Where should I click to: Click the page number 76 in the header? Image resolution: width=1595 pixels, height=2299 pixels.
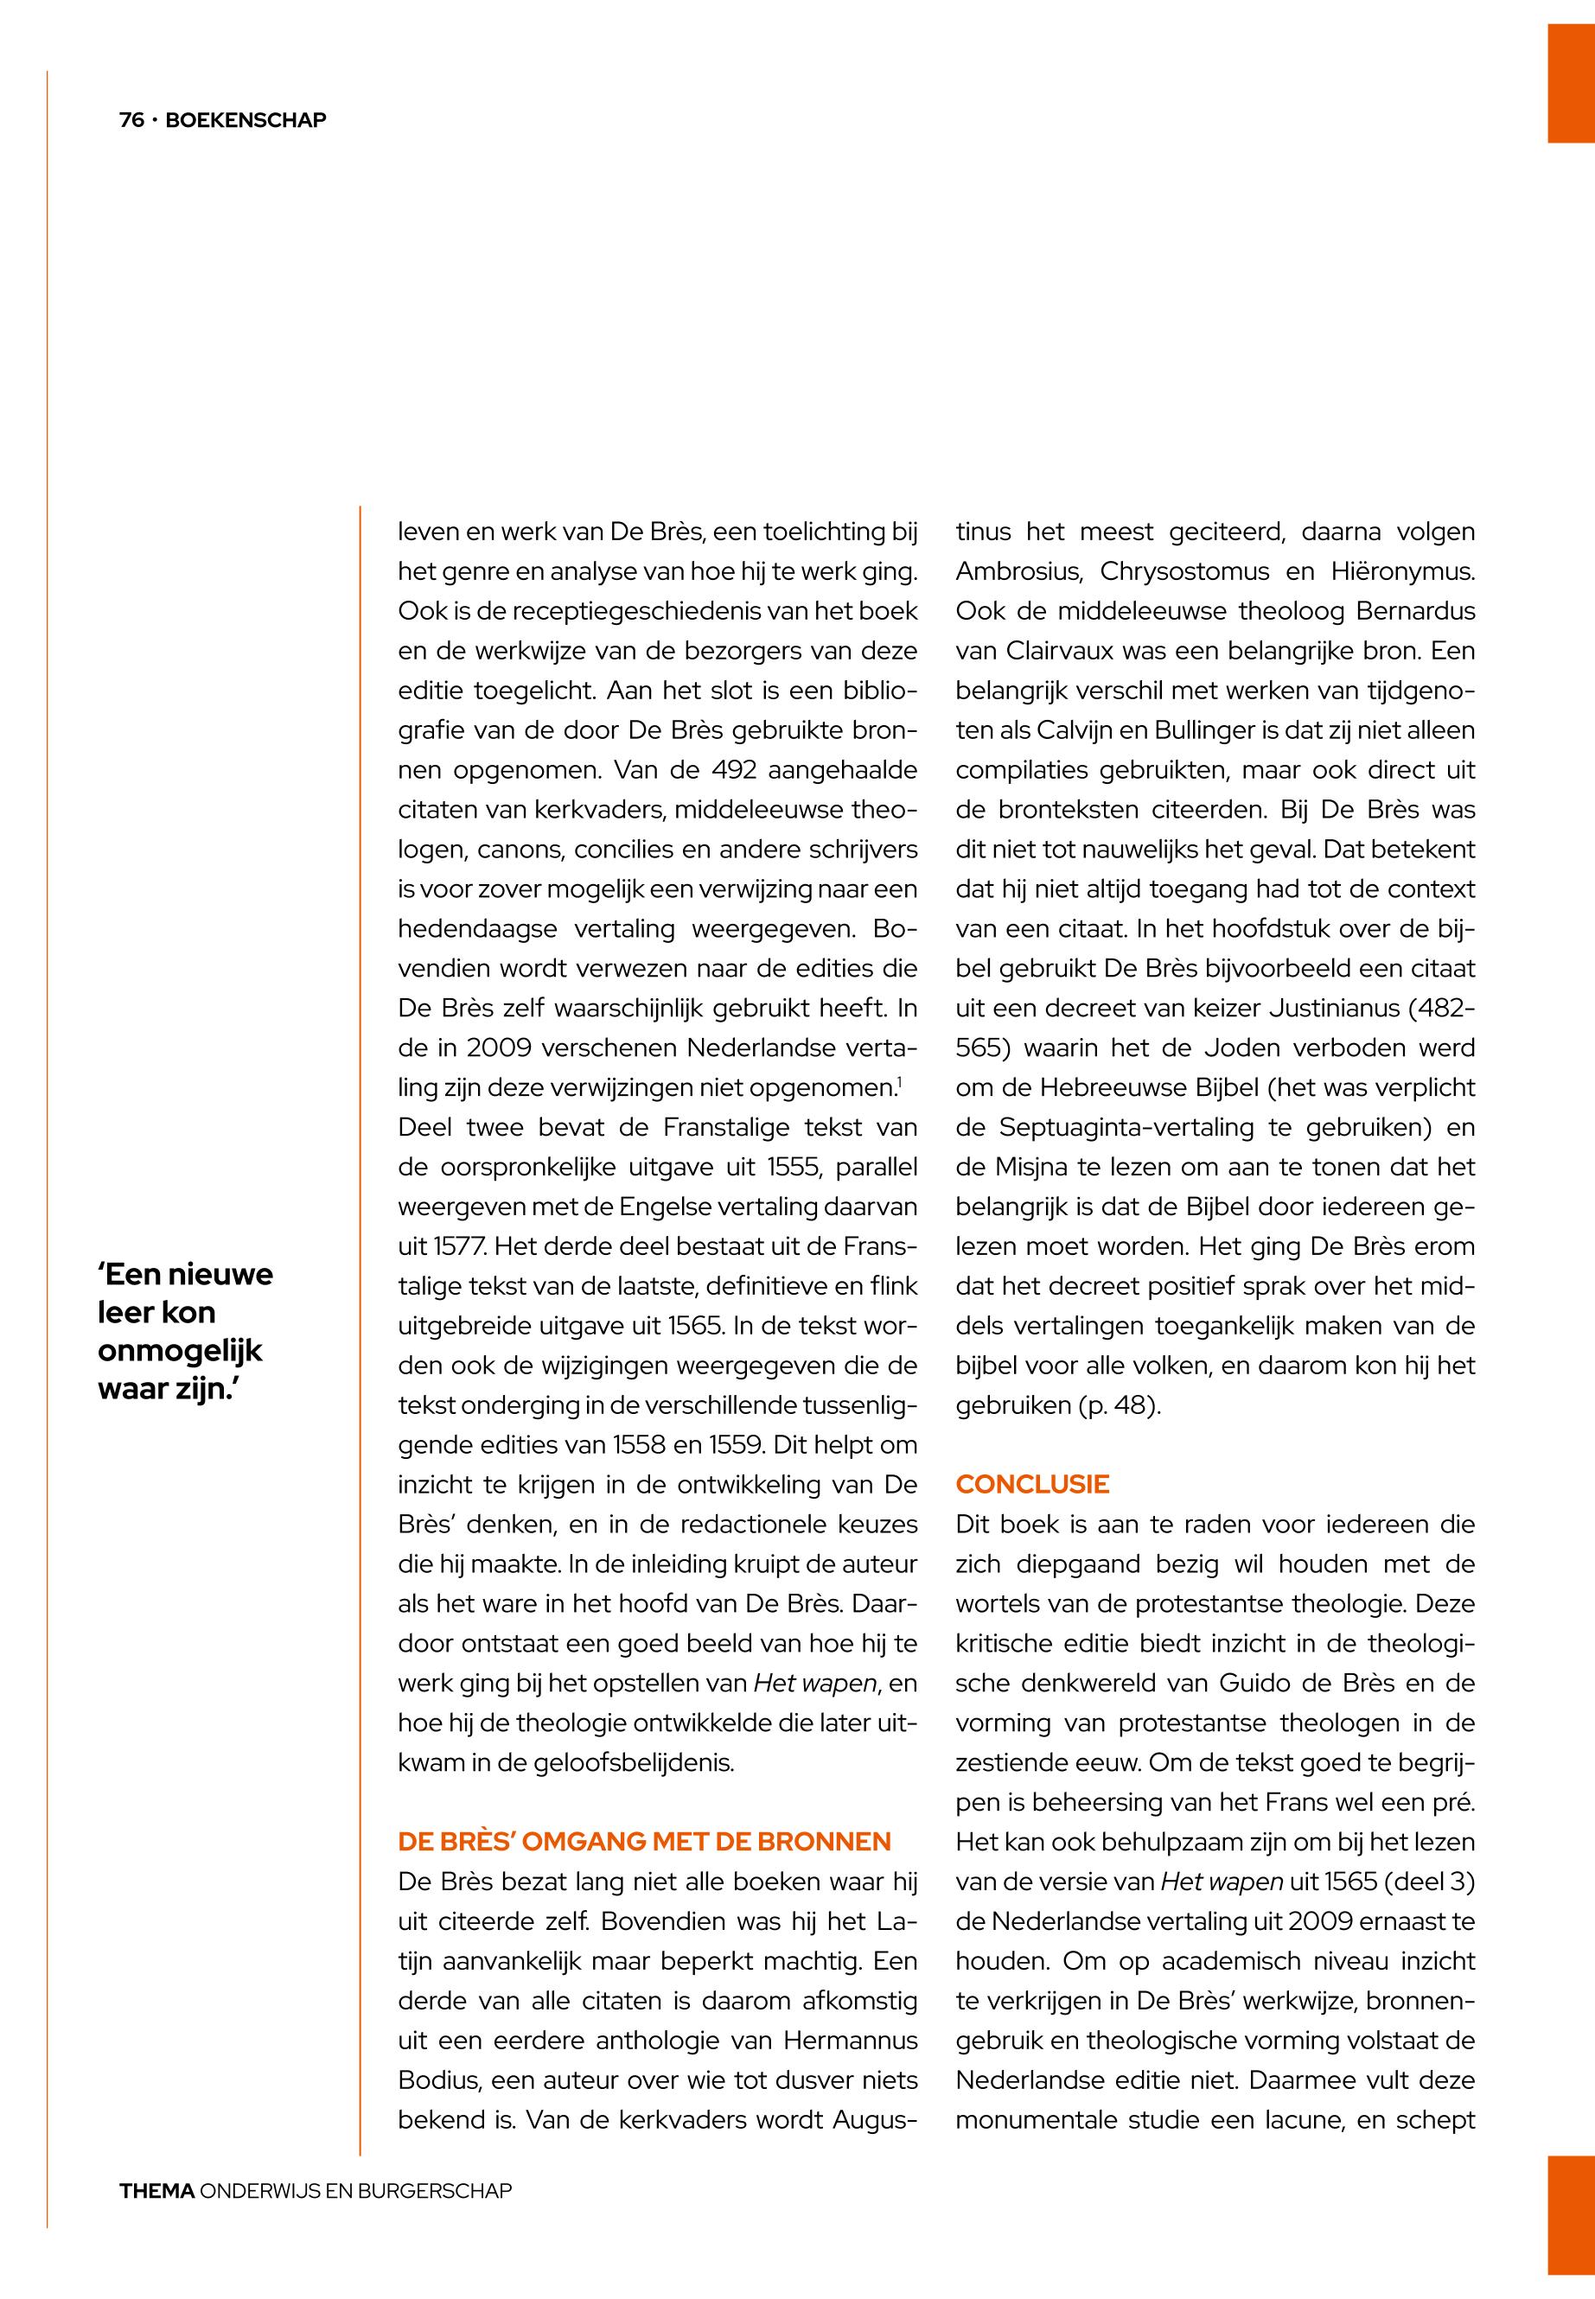pos(131,120)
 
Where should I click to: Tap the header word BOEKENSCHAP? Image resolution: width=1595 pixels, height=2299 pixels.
pos(246,120)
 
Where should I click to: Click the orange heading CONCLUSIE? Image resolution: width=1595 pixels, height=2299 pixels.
pos(1032,1484)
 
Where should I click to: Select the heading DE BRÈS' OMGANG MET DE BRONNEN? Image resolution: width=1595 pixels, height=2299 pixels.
pos(643,1842)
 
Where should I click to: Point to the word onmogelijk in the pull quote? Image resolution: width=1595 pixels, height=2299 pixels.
pos(180,1351)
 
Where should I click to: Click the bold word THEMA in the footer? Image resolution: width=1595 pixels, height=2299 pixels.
pos(156,2191)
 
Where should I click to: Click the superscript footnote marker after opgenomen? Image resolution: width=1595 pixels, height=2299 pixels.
pos(899,1080)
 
